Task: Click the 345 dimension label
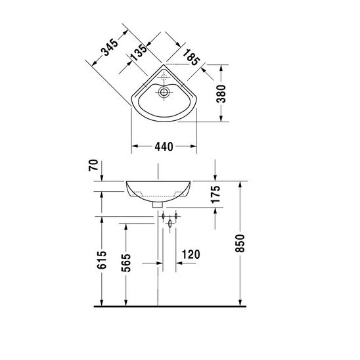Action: pos(110,47)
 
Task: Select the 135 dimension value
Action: pos(139,53)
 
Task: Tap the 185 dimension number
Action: pos(191,57)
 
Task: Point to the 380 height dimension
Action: pos(221,94)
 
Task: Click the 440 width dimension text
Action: pos(164,146)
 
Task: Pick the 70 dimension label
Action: pos(93,166)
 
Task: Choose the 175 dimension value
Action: pos(215,194)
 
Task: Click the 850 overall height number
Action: pos(240,243)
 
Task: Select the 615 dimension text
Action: pos(102,260)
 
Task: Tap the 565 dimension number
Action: pos(126,263)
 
